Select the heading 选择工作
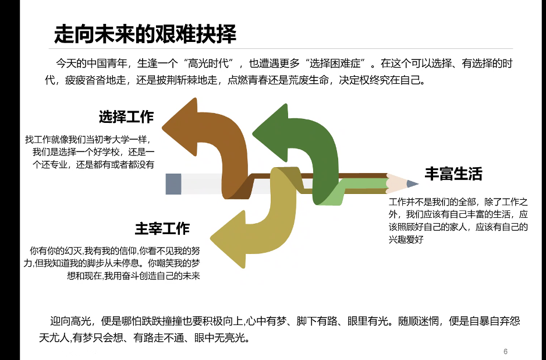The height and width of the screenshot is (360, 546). tap(126, 117)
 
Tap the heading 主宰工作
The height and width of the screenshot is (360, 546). tap(162, 228)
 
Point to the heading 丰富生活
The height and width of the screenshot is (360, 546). tap(453, 174)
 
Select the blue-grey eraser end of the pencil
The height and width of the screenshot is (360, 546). tap(173, 184)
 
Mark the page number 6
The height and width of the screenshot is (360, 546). tap(505, 351)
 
